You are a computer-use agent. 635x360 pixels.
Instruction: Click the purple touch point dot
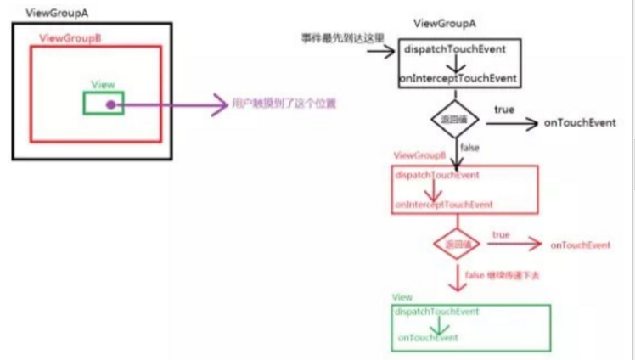pyautogui.click(x=110, y=104)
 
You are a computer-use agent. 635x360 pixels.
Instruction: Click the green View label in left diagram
pyautogui.click(x=103, y=85)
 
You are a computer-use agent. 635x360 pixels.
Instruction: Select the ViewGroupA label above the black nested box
pyautogui.click(x=42, y=14)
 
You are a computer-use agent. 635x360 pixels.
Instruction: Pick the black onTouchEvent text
pyautogui.click(x=580, y=122)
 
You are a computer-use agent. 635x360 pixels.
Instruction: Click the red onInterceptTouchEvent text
pyautogui.click(x=443, y=205)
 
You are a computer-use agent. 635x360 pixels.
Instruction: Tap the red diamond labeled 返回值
pyautogui.click(x=450, y=244)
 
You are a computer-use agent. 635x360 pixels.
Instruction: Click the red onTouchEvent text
pyautogui.click(x=581, y=245)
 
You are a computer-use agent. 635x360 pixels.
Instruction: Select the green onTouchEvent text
pyautogui.click(x=429, y=338)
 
